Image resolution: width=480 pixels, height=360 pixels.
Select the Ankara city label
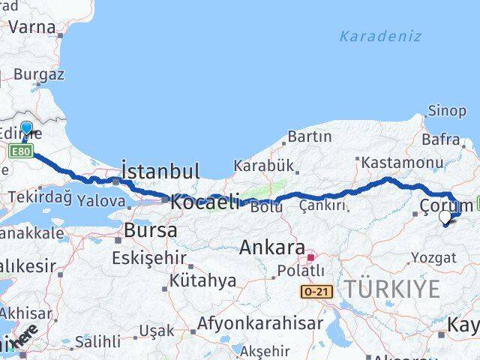(x=271, y=247)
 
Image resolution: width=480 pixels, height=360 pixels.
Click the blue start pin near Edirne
(x=26, y=129)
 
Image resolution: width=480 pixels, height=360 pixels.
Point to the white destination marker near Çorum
(x=445, y=217)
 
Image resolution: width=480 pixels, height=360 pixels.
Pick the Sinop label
(x=446, y=111)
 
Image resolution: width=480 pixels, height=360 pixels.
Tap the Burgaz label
(x=39, y=74)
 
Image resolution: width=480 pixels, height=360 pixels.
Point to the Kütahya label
(x=202, y=280)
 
